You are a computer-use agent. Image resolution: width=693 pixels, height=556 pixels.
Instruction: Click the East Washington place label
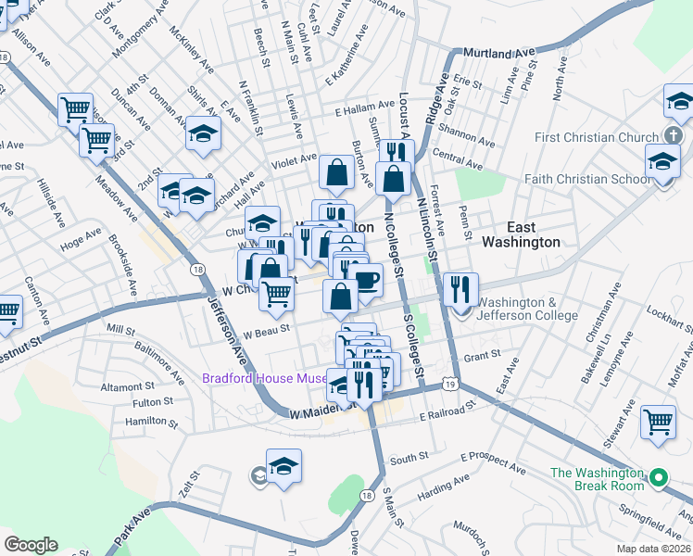[520, 234]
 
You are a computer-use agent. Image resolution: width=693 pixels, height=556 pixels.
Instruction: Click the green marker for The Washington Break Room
[659, 479]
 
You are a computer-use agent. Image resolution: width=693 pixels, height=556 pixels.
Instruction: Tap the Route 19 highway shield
[449, 383]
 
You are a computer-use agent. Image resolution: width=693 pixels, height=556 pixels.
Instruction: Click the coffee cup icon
[366, 278]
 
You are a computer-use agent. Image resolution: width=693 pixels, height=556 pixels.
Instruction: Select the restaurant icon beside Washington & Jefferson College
[460, 288]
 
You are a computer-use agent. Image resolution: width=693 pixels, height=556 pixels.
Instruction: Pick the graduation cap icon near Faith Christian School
[662, 162]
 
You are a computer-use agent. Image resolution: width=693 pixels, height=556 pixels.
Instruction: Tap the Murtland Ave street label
[500, 55]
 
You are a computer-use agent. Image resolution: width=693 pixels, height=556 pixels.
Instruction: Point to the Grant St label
[482, 355]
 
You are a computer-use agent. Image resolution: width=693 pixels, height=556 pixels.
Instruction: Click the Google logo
[31, 545]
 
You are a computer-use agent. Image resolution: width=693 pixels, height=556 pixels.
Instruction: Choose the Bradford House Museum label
[267, 379]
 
